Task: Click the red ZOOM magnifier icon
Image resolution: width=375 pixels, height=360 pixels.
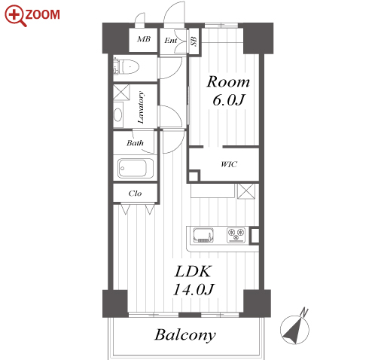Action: click(14, 15)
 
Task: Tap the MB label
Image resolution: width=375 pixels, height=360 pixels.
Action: click(144, 39)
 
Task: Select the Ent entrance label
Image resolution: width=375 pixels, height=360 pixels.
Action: click(171, 41)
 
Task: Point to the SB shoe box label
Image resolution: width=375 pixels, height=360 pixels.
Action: click(194, 41)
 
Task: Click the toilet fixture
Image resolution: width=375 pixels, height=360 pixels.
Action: click(127, 67)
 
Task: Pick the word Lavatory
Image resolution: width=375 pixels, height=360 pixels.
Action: click(141, 108)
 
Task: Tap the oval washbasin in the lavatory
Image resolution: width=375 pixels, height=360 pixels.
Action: click(117, 115)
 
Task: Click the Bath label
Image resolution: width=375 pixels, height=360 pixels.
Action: click(135, 143)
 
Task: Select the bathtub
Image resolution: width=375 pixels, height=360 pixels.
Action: click(136, 168)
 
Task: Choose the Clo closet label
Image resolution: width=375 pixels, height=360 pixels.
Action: click(135, 194)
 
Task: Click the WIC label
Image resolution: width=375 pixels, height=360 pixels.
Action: click(229, 164)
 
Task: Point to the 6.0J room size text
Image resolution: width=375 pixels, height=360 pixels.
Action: click(228, 100)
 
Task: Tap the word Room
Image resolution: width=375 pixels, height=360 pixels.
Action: click(228, 82)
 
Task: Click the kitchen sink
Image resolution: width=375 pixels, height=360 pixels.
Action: click(203, 235)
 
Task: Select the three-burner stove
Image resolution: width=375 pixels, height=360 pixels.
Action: click(236, 235)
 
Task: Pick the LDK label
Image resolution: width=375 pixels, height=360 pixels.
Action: click(193, 271)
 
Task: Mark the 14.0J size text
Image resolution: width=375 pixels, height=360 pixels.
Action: click(193, 289)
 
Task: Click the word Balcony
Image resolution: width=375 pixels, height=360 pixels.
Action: click(185, 335)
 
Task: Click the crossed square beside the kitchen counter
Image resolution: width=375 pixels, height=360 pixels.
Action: click(246, 191)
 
